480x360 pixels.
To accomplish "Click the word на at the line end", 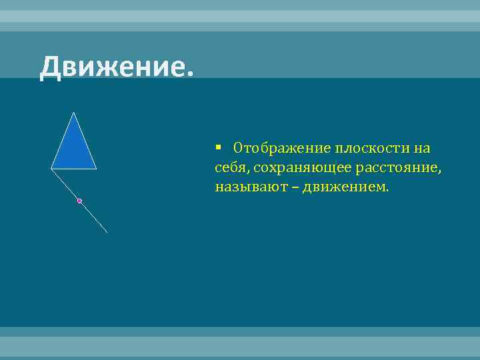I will [x=421, y=148].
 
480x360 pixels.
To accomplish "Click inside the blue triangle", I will [x=73, y=150].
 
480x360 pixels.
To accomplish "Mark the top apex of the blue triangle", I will [x=73, y=112].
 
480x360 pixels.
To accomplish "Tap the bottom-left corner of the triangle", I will [x=51, y=169].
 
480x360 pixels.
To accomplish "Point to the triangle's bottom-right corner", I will [x=96, y=169].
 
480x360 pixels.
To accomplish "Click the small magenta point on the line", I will [x=79, y=201].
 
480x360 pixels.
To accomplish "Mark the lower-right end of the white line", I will [x=107, y=232].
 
